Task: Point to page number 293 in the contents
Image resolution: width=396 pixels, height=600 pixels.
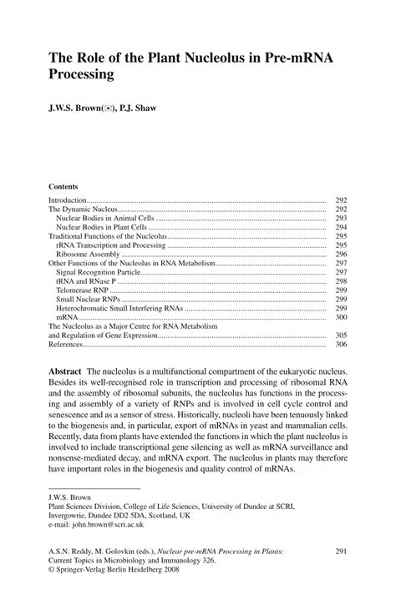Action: (341, 218)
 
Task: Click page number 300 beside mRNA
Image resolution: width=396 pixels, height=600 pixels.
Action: (341, 318)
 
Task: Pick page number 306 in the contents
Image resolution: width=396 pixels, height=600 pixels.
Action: (341, 344)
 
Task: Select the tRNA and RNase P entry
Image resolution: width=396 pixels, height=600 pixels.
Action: (86, 282)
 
